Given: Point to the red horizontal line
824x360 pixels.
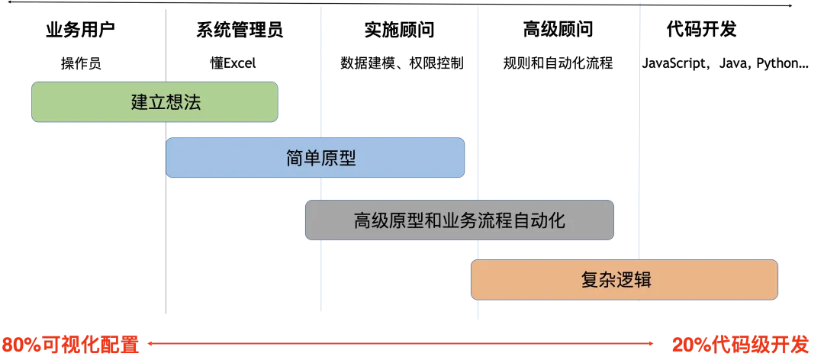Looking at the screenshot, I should click(397, 344).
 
